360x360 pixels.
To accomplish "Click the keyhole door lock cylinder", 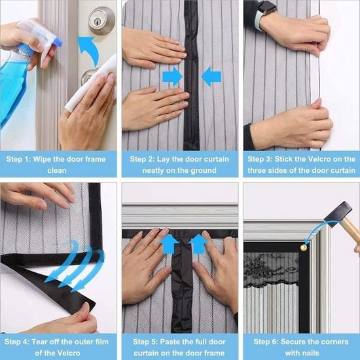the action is coord(101,20).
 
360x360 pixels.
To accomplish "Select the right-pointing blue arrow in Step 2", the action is coord(173,77).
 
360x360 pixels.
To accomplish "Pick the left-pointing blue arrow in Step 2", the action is coord(211,77).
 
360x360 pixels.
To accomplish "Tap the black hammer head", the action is coord(338,215).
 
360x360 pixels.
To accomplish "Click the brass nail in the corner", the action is coord(304,247).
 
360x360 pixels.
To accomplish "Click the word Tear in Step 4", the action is coord(39,342).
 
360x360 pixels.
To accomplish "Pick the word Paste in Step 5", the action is coord(170,342).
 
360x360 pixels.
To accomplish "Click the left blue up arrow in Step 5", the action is coord(169,244).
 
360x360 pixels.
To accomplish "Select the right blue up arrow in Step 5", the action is coord(198,244).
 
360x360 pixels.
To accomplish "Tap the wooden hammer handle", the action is coord(351,230).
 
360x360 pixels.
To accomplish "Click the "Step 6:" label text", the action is coord(266,342).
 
